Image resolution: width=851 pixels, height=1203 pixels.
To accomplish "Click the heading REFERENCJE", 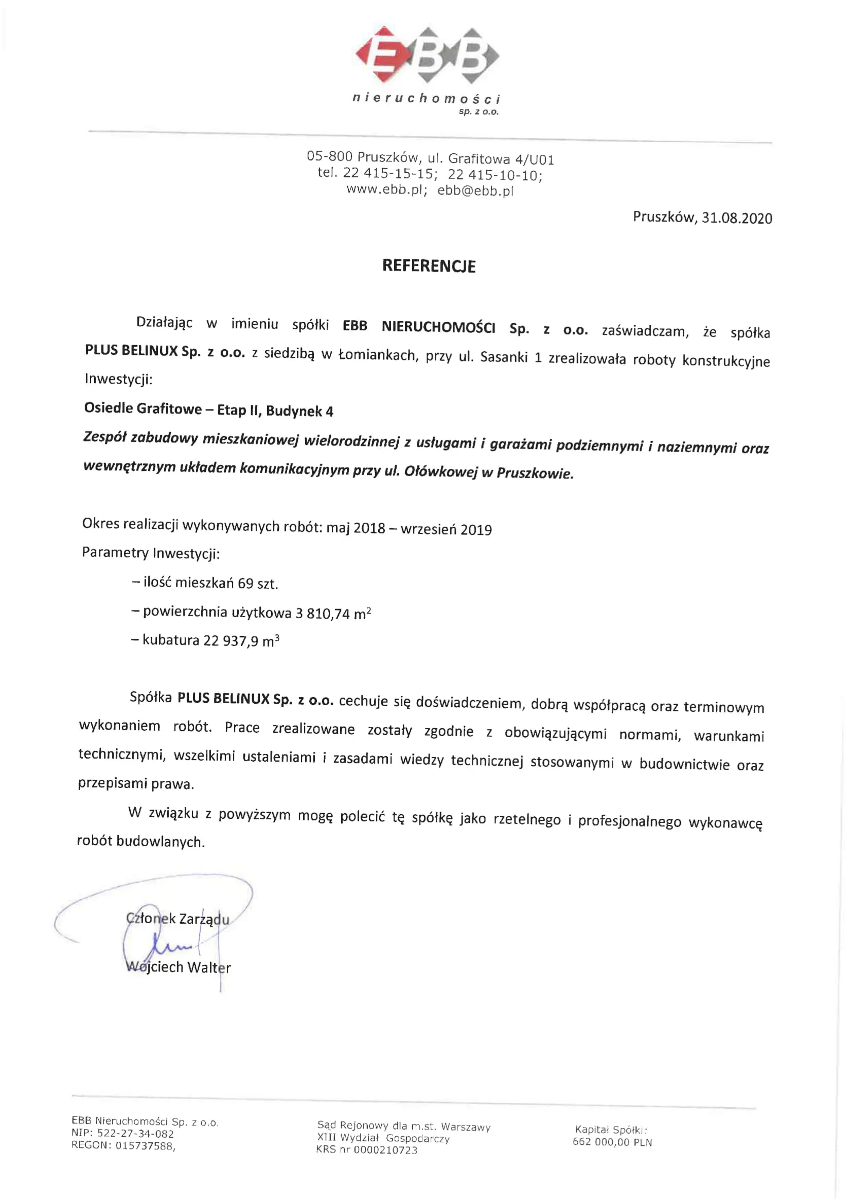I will click(429, 266).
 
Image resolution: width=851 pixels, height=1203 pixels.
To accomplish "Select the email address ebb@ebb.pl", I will click(475, 191).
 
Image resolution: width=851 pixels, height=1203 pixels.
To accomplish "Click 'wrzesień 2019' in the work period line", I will click(446, 530).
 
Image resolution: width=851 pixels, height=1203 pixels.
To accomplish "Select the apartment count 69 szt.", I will click(257, 584).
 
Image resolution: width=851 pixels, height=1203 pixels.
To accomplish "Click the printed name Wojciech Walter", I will click(179, 967).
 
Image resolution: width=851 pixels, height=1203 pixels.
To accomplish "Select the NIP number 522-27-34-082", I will click(135, 1134).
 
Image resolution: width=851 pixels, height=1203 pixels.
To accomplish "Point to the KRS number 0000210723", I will click(385, 1150).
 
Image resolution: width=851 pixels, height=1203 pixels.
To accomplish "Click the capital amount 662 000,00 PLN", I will click(612, 1142).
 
